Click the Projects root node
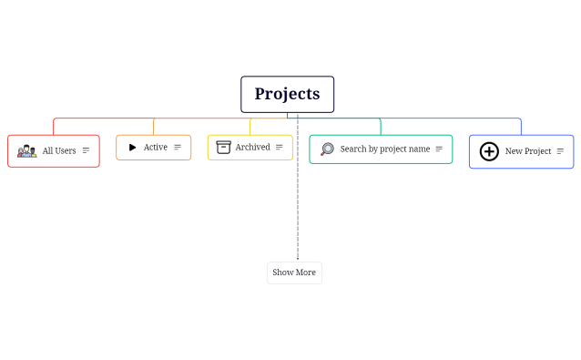point(287,94)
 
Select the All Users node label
point(59,150)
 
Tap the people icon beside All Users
point(27,150)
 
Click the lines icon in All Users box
point(87,150)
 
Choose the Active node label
point(156,147)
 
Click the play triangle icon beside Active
point(132,147)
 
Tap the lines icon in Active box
point(178,147)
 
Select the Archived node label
point(252,147)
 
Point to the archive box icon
point(223,147)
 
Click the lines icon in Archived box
point(280,147)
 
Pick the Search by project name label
point(384,149)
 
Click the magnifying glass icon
point(328,149)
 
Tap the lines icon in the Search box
point(439,149)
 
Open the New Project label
point(528,151)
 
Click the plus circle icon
point(489,151)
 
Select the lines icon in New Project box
point(560,151)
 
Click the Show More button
point(294,273)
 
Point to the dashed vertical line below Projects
point(297,201)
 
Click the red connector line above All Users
point(54,126)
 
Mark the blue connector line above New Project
point(521,126)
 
